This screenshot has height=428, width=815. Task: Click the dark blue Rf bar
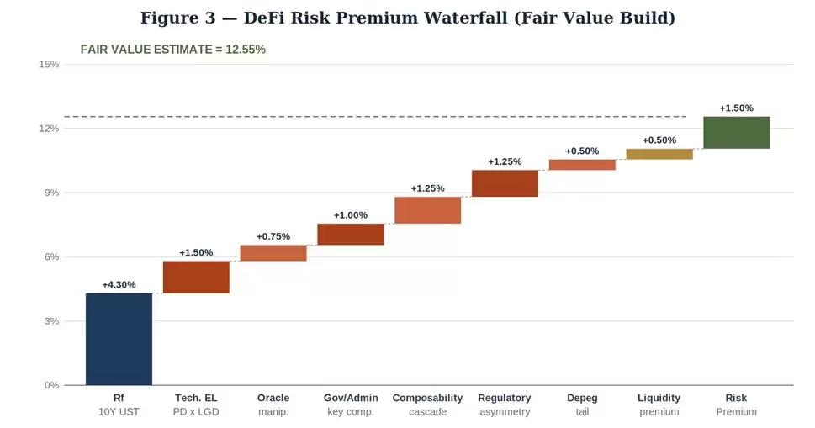(x=119, y=339)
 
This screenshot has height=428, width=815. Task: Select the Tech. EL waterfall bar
(x=196, y=277)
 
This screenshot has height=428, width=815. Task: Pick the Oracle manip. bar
(x=273, y=253)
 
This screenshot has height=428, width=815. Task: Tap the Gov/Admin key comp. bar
(x=351, y=235)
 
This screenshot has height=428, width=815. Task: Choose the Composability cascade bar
(x=428, y=210)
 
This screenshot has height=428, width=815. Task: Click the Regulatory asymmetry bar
(x=505, y=183)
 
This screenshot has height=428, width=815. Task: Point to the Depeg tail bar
(x=582, y=165)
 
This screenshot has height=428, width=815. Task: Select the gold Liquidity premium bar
(x=659, y=154)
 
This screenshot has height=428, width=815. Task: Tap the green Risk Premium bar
(x=737, y=133)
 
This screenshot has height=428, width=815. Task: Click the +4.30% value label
(x=119, y=285)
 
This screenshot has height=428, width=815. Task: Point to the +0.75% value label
(x=273, y=236)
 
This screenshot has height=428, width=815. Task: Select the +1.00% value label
(x=351, y=215)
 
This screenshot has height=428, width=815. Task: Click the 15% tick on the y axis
(x=49, y=65)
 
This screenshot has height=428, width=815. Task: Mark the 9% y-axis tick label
(x=51, y=193)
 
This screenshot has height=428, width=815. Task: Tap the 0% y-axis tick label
(x=51, y=385)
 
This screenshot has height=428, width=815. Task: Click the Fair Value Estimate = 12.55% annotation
(x=173, y=50)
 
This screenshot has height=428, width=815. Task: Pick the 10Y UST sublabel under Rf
(x=119, y=412)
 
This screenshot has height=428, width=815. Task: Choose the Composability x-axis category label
(x=428, y=398)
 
